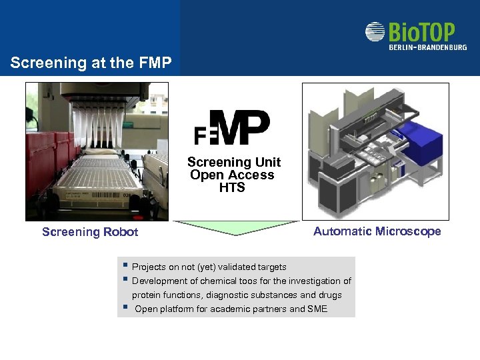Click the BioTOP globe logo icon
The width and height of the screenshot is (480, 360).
click(375, 32)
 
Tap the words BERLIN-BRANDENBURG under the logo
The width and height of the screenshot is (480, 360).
click(428, 47)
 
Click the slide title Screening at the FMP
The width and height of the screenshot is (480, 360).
click(91, 63)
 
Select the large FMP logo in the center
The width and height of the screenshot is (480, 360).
click(233, 127)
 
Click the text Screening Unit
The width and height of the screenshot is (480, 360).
click(234, 162)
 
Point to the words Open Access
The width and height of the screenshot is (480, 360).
click(232, 175)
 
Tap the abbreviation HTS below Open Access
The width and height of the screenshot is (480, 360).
click(232, 187)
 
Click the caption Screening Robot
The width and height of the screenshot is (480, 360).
click(90, 232)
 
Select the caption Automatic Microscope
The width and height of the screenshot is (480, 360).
click(377, 231)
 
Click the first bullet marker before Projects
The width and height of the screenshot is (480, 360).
click(125, 266)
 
